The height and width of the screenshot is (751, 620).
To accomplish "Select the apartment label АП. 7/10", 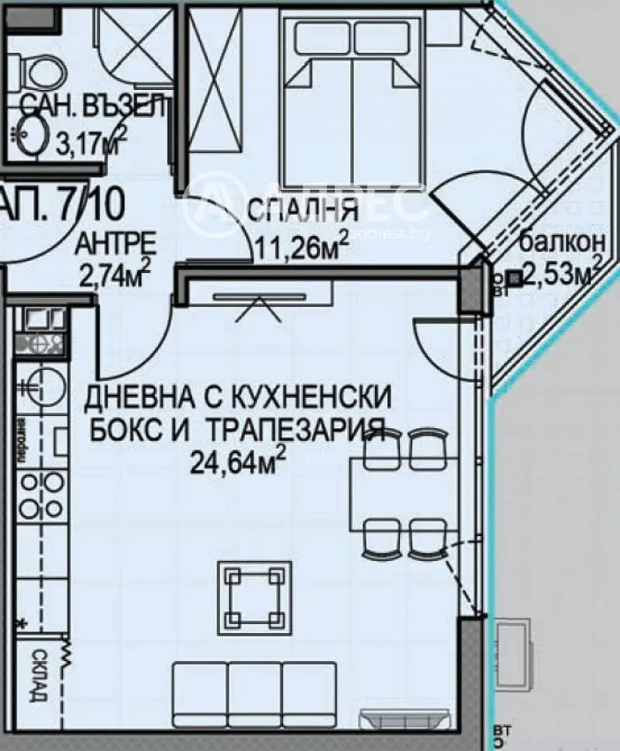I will point(62,204).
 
